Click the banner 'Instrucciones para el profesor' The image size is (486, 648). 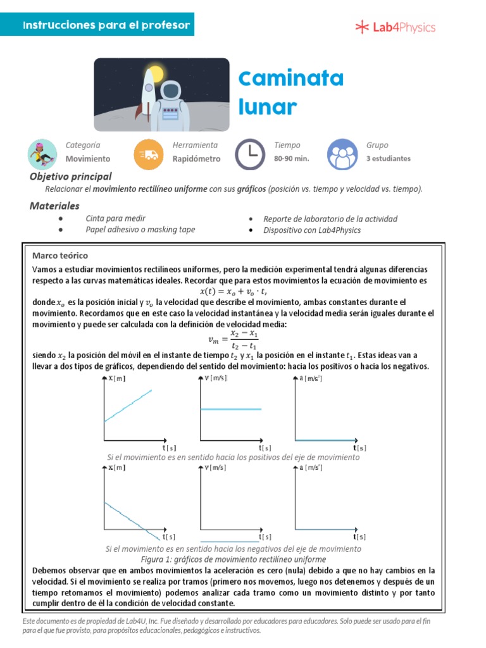coord(106,25)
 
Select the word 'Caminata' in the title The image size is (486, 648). coord(291,79)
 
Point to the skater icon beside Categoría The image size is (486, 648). coord(43,154)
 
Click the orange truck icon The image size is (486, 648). coord(149,154)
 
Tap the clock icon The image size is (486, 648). coord(251,154)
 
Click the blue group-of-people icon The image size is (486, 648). coord(342,154)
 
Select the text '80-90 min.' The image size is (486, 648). coord(291,159)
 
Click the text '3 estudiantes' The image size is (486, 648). coord(388,159)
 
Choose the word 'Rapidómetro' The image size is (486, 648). coord(196,159)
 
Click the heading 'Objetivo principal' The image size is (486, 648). coord(71,177)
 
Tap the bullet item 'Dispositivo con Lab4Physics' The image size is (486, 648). coord(312,230)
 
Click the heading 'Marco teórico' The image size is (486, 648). coord(60,256)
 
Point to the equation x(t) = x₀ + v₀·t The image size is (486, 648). coord(234,292)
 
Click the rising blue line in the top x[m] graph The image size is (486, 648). coord(128,405)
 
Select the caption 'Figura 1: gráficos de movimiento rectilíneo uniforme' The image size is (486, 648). coord(233,559)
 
